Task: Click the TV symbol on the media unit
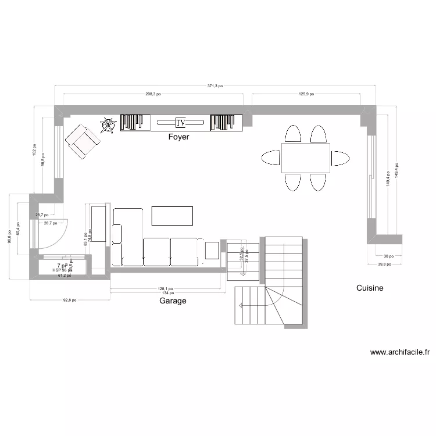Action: click(x=180, y=123)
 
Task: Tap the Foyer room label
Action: click(x=178, y=138)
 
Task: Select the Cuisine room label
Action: click(x=370, y=288)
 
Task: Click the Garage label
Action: click(x=173, y=301)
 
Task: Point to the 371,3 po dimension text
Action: click(x=215, y=85)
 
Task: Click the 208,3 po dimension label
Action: click(x=153, y=94)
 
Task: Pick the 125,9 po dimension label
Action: click(x=306, y=94)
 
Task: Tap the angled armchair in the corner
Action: click(x=82, y=141)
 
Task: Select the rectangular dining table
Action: click(x=306, y=158)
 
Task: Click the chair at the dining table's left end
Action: click(x=271, y=158)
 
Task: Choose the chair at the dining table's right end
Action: click(x=341, y=158)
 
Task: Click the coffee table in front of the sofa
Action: click(x=172, y=216)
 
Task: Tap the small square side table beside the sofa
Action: click(x=212, y=250)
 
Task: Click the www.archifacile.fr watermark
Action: click(x=399, y=352)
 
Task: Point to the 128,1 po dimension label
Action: click(x=166, y=288)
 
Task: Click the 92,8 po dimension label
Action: click(x=69, y=300)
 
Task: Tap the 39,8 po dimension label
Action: click(x=385, y=264)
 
